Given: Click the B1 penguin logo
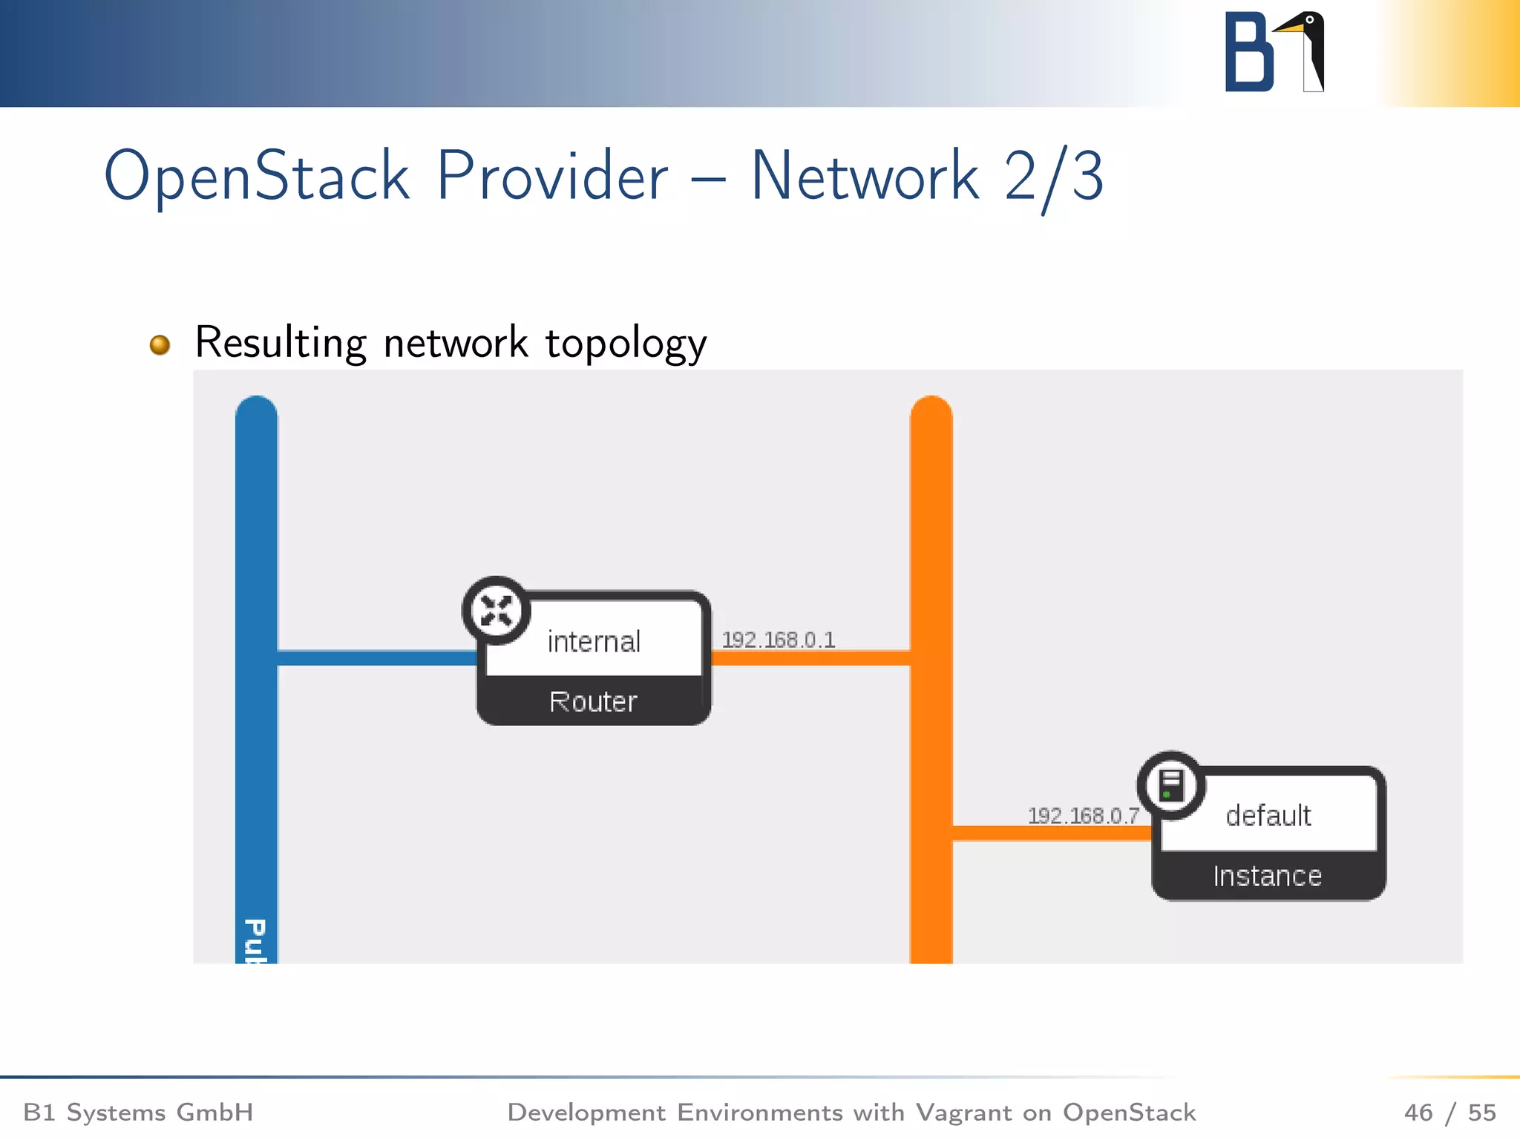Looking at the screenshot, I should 1274,52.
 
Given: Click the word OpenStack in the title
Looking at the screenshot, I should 256,177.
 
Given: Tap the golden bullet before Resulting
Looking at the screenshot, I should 160,345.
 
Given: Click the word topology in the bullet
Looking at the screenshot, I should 626,344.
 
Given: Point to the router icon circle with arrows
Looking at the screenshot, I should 496,611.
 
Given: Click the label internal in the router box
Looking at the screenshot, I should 594,641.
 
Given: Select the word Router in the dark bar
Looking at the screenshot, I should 593,701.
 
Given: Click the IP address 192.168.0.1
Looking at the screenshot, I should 779,639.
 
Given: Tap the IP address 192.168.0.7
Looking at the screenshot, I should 1083,816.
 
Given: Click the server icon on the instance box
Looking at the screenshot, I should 1171,785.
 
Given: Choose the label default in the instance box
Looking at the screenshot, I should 1268,816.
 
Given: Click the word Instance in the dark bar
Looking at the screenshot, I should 1268,876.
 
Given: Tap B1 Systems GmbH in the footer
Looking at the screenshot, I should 138,1112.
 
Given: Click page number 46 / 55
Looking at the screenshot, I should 1449,1112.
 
